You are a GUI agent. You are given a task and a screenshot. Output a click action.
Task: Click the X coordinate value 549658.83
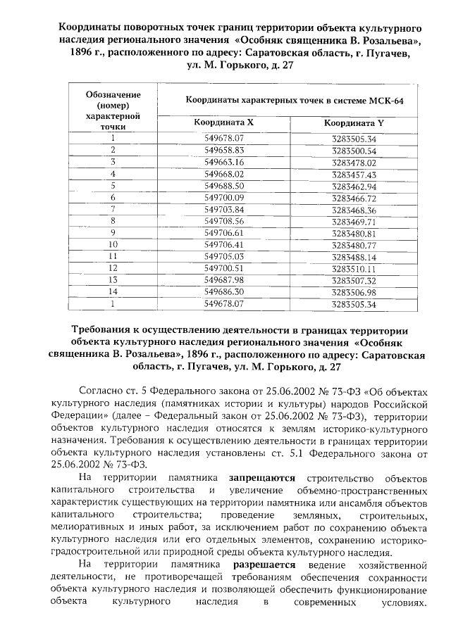click(223, 151)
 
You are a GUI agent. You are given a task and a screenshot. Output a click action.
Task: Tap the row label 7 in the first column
click(113, 209)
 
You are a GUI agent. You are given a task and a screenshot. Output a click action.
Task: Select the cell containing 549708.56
click(223, 221)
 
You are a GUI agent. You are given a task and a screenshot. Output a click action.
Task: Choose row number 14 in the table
click(113, 291)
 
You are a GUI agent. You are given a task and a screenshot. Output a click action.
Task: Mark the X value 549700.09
click(223, 198)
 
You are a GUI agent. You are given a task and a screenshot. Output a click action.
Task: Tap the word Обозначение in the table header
click(113, 94)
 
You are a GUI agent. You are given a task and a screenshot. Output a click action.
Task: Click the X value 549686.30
click(223, 291)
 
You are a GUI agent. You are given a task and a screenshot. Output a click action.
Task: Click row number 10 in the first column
click(113, 244)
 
